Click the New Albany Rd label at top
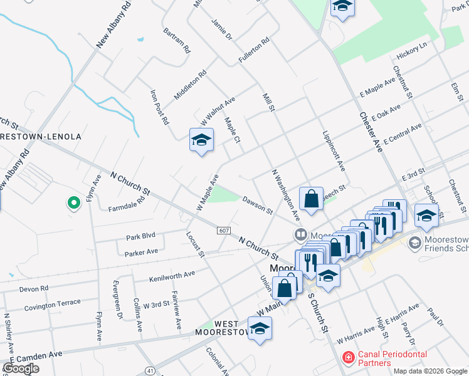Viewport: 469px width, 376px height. click(x=114, y=25)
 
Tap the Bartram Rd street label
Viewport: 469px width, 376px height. click(x=176, y=40)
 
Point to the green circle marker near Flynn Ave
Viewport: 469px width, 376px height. click(x=73, y=203)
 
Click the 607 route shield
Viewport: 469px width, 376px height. click(x=224, y=231)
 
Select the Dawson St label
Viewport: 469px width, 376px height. click(x=257, y=207)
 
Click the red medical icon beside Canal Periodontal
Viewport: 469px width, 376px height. click(x=347, y=358)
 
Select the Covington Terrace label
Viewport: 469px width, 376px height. click(x=53, y=305)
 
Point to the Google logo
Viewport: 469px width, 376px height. click(x=21, y=368)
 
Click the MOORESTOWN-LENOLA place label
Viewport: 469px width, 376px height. click(x=41, y=137)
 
